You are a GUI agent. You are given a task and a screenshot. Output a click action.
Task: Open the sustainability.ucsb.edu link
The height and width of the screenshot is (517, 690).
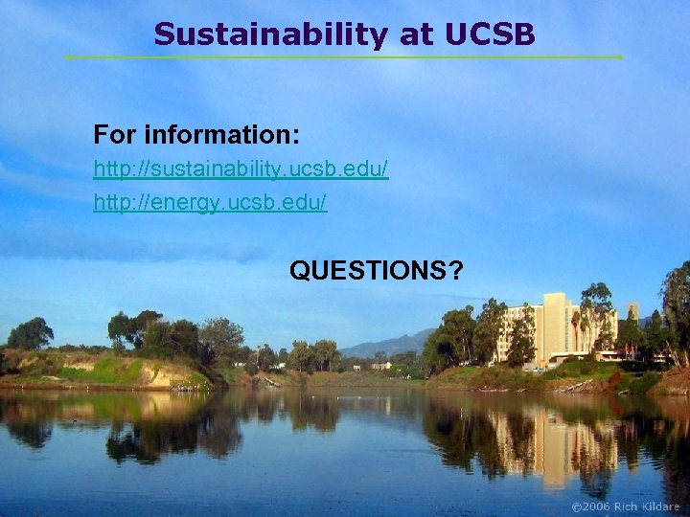(241, 169)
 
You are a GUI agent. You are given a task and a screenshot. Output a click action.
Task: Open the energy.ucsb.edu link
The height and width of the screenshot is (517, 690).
(210, 202)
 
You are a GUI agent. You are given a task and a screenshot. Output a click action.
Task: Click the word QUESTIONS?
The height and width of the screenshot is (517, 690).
(376, 271)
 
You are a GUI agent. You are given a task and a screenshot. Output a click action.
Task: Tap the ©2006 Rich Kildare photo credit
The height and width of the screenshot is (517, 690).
(625, 506)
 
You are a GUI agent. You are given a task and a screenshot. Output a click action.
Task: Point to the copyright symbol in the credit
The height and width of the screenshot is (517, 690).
(576, 506)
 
